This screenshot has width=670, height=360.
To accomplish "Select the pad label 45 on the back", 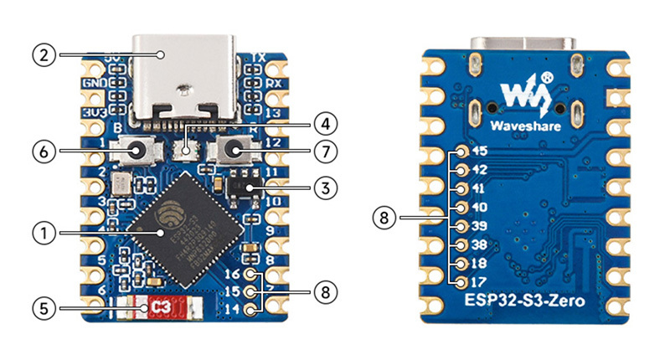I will click(x=479, y=152).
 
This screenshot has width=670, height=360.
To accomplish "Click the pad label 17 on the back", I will click(x=479, y=282).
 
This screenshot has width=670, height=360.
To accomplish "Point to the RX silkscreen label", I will click(x=272, y=84).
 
